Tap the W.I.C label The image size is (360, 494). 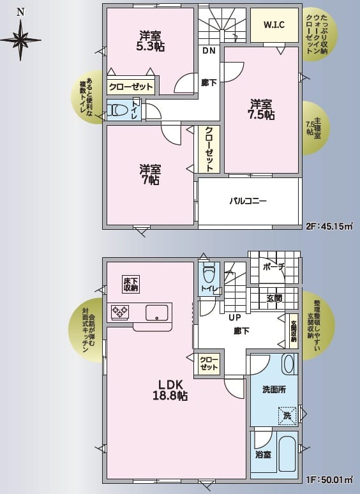tap(274, 25)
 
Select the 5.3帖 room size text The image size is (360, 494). tap(151, 47)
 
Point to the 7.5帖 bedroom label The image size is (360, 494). tap(261, 115)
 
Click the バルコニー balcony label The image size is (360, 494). tap(248, 200)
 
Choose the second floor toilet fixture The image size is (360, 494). tap(117, 110)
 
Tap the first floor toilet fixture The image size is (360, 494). tap(209, 273)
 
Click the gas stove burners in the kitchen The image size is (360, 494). tap(120, 311)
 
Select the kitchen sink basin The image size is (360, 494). tap(156, 313)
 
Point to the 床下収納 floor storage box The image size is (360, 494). tap(131, 284)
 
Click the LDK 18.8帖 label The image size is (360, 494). tap(170, 390)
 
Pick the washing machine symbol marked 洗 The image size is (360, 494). tap(287, 416)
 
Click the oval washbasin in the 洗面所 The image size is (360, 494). tap(289, 364)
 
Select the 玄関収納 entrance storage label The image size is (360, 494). tap(294, 331)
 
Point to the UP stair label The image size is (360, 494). tap(235, 318)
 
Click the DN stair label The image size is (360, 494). tap(209, 50)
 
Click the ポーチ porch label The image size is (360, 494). tap(273, 267)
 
